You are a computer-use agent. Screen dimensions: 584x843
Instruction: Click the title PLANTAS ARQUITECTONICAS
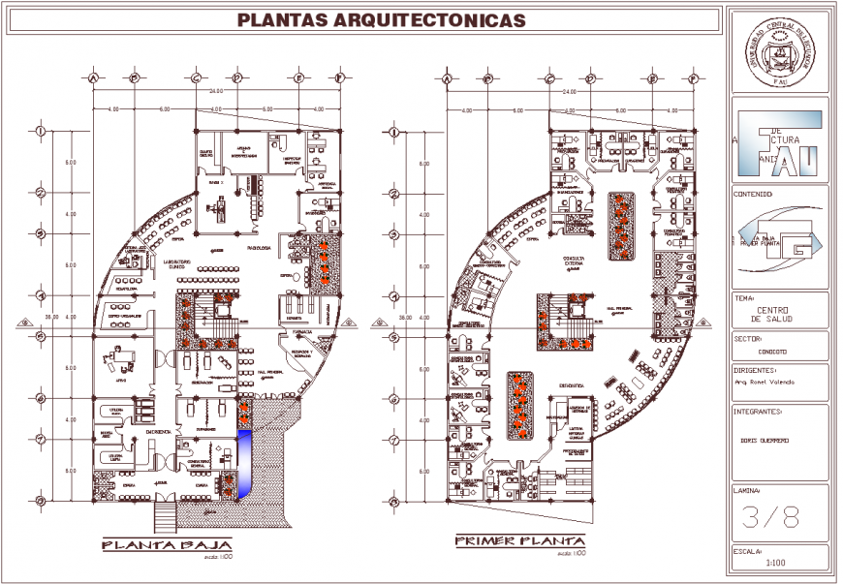click(383, 19)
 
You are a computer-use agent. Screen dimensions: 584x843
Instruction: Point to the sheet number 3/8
click(770, 518)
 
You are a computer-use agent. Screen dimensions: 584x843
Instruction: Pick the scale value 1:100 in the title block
click(776, 563)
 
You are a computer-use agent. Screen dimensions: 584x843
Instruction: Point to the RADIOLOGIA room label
click(259, 247)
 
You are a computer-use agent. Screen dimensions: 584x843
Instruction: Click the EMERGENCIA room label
click(159, 431)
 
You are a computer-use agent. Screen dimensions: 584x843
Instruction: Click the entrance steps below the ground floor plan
click(163, 517)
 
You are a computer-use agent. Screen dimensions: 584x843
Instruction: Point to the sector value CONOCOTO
click(773, 351)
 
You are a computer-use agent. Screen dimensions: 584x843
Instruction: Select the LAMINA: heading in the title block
click(748, 490)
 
